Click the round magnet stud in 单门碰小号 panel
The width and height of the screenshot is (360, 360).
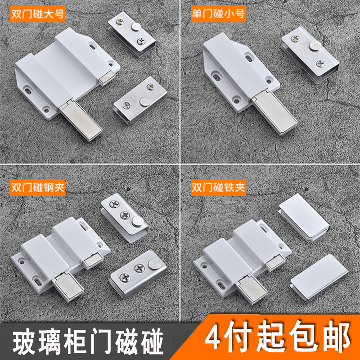[314, 45]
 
